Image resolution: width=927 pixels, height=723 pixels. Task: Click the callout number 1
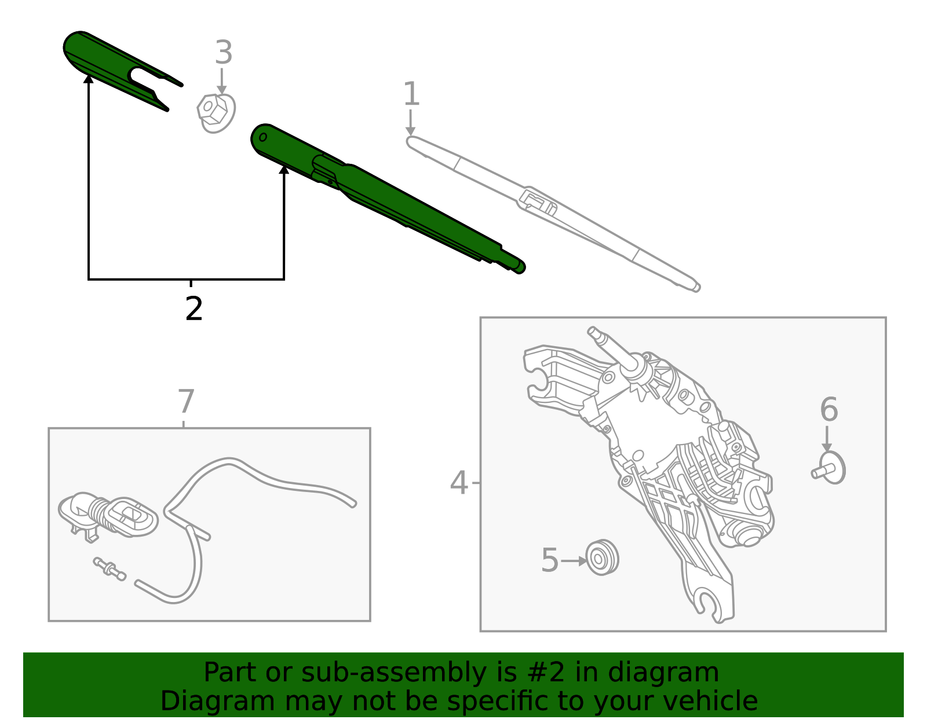[411, 94]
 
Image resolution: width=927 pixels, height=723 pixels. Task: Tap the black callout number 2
[194, 309]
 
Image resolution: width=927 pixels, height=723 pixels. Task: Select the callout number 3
[223, 53]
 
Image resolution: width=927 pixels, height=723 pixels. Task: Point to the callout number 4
[458, 482]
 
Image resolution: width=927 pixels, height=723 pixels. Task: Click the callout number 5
[549, 560]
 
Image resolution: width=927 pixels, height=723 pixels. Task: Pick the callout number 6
[829, 409]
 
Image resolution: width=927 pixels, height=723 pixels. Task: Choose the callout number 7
[185, 401]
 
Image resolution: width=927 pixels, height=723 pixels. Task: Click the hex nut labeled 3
[215, 112]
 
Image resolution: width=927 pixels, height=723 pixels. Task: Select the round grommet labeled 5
[602, 557]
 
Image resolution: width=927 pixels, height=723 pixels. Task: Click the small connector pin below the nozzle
[110, 568]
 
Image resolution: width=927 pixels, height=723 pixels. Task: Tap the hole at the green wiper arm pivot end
[262, 137]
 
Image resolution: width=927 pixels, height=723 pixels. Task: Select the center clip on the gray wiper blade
[538, 202]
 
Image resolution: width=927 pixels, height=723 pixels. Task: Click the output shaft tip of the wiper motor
[593, 332]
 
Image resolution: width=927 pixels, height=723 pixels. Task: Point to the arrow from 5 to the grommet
[574, 560]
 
